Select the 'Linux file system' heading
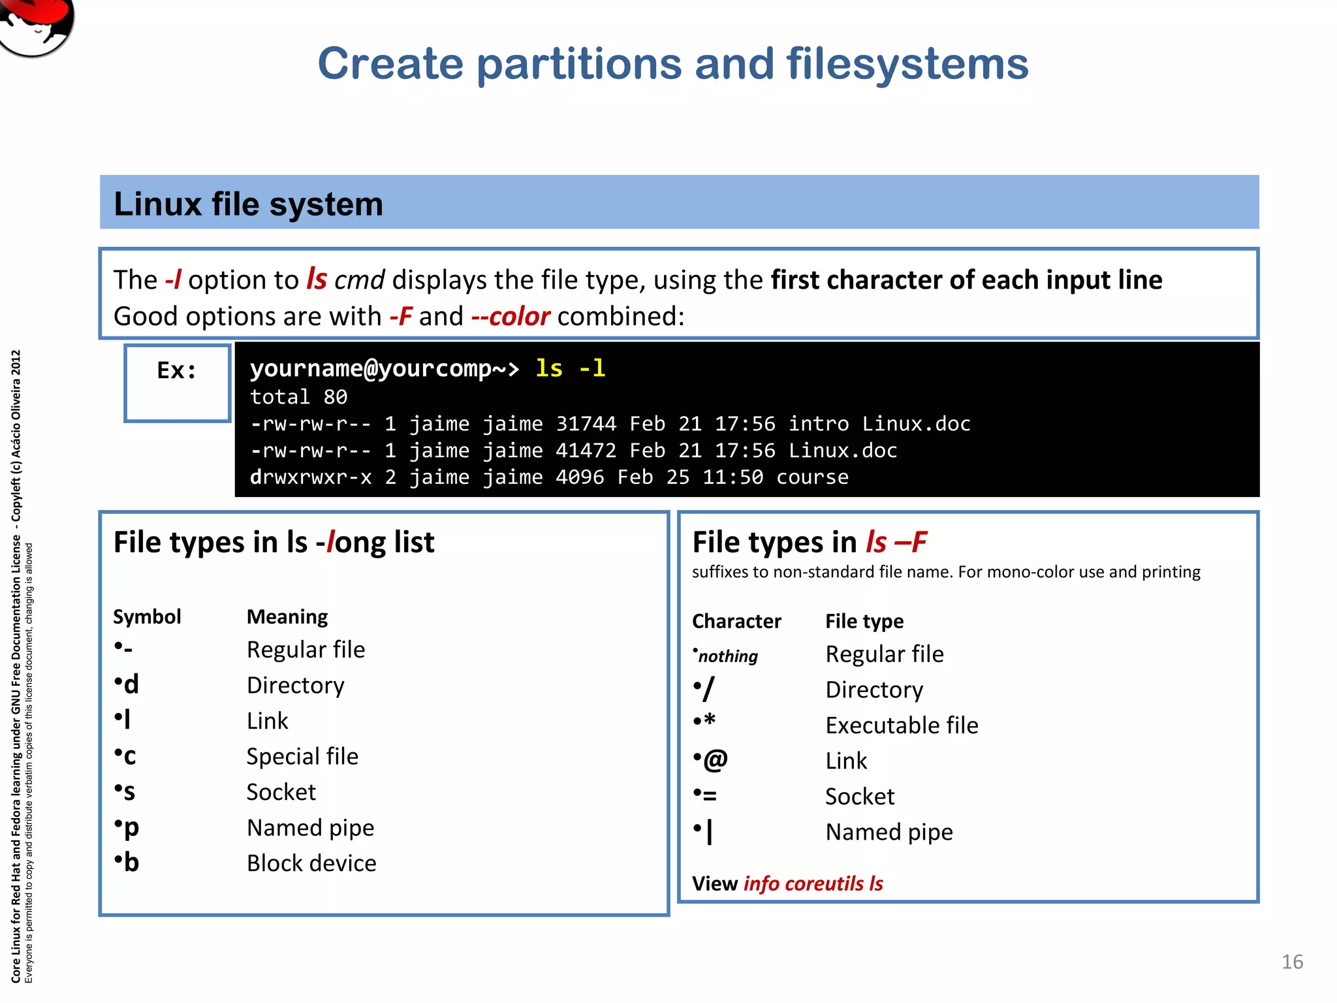coord(248,204)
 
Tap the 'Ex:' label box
coord(177,383)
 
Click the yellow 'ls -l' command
coord(570,368)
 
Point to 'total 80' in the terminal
coord(298,397)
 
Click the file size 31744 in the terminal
coord(586,424)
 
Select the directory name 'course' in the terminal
coord(812,477)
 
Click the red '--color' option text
coord(511,317)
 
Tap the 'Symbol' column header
coord(147,616)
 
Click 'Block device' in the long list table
coord(311,863)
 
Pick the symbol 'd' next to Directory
coord(131,684)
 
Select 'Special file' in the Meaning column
coord(302,756)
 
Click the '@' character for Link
coord(716,760)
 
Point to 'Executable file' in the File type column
coord(902,725)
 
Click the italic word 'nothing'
coord(728,656)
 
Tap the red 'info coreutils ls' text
coord(813,884)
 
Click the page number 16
coord(1292,962)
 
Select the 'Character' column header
coord(736,621)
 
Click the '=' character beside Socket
coord(710,796)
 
